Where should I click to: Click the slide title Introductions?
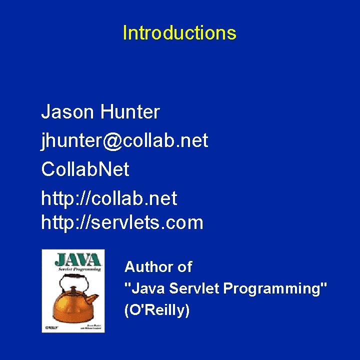tap(179, 33)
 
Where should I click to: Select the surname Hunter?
tap(129, 112)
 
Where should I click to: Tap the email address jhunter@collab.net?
tap(124, 141)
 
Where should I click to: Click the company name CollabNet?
tap(85, 169)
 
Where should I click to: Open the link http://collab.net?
tap(109, 198)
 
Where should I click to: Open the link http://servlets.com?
tap(122, 222)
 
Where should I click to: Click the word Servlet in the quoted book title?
tap(194, 288)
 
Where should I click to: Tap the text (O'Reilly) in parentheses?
tap(157, 310)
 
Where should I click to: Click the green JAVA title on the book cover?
tap(77, 259)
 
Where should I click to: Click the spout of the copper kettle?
tap(93, 296)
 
